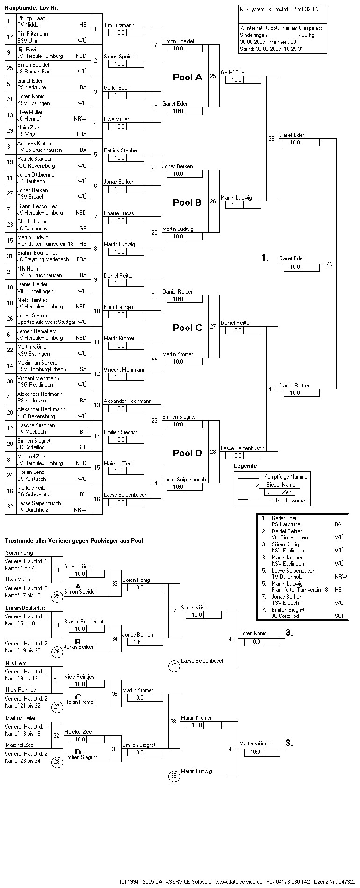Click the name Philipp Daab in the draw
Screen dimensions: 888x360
[x=31, y=18]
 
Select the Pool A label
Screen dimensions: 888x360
[x=187, y=78]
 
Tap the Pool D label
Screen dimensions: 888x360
[x=187, y=453]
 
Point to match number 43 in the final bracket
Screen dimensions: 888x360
[x=330, y=264]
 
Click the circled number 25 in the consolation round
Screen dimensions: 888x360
[x=57, y=596]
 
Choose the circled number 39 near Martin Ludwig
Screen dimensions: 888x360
[x=174, y=776]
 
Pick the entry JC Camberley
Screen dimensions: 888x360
[x=32, y=229]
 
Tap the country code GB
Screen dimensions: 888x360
[x=83, y=229]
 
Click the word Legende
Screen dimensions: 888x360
[x=245, y=466]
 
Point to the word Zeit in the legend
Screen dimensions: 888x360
[x=286, y=492]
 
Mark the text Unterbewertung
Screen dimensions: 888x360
[x=291, y=501]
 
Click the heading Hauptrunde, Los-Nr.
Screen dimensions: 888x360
[x=32, y=8]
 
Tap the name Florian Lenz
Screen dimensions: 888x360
[x=31, y=472]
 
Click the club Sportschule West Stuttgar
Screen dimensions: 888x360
[x=47, y=322]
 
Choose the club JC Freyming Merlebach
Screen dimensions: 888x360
[x=43, y=259]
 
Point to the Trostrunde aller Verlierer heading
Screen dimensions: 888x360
[x=74, y=541]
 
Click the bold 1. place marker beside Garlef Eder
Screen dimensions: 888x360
[x=265, y=258]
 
